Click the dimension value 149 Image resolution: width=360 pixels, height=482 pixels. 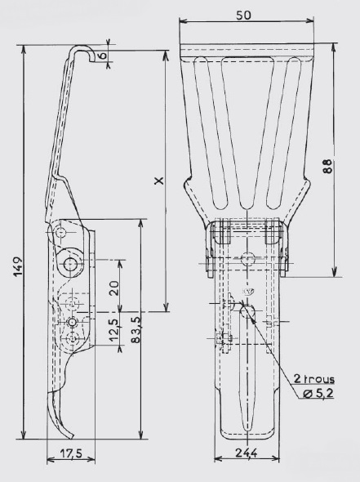tap(18, 266)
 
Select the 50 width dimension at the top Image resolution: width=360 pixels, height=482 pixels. tap(243, 15)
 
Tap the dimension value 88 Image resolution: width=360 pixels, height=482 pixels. tap(327, 167)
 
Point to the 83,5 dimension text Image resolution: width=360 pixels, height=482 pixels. tap(136, 329)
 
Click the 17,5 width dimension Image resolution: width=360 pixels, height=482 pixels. tap(71, 453)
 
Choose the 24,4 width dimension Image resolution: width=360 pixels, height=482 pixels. tap(247, 453)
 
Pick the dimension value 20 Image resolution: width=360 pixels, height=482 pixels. tap(114, 288)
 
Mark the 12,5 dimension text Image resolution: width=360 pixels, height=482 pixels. tap(113, 330)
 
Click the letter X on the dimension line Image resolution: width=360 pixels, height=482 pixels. tap(159, 181)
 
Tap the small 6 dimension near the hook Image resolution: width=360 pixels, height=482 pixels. tap(103, 56)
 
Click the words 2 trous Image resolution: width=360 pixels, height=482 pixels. tap(314, 378)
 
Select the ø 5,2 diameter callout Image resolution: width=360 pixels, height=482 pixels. tap(318, 393)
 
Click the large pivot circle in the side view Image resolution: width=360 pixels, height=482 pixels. tap(71, 263)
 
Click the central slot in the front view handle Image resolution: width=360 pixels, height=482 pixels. tap(247, 369)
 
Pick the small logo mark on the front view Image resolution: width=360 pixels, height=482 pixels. tap(247, 292)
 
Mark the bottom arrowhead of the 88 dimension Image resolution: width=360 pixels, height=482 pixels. tap(335, 272)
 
